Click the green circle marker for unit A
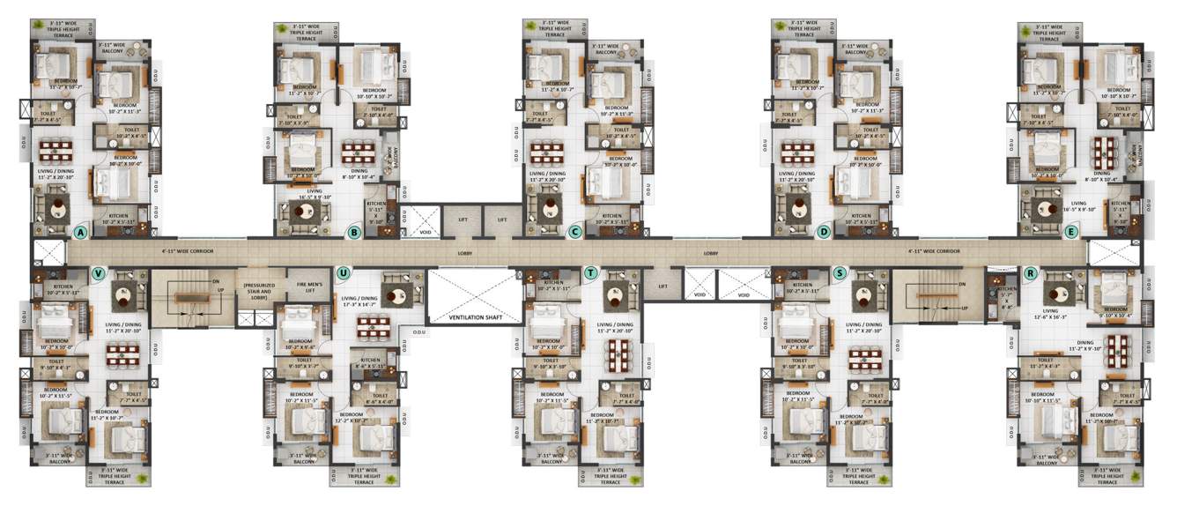[81, 233]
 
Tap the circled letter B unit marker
[354, 233]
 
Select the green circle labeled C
[575, 233]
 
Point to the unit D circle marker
[824, 233]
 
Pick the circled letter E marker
[1071, 233]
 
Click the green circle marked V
[98, 272]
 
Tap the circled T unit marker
[590, 272]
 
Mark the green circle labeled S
[840, 272]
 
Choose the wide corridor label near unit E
[934, 251]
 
